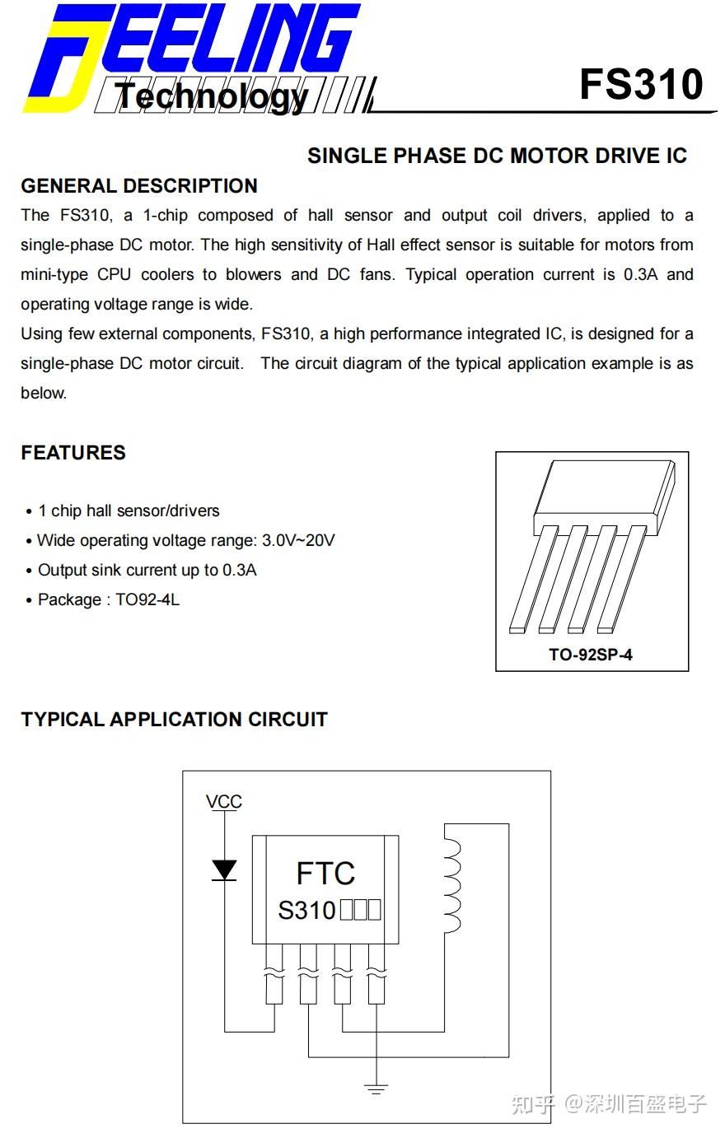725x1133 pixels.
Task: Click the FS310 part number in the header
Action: pyautogui.click(x=641, y=85)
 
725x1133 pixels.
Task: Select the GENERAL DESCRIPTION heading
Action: pyautogui.click(x=139, y=186)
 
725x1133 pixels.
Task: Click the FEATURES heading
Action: pyautogui.click(x=73, y=453)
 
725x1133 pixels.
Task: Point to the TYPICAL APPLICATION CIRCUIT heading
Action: pyautogui.click(x=174, y=720)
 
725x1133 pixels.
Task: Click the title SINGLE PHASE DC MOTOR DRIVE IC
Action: pyautogui.click(x=497, y=156)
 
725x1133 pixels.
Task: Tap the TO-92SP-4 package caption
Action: pyautogui.click(x=591, y=655)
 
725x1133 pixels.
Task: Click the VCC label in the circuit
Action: pyautogui.click(x=223, y=802)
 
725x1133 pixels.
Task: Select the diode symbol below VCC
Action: pyautogui.click(x=224, y=870)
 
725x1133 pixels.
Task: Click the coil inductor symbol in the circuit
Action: pyautogui.click(x=451, y=889)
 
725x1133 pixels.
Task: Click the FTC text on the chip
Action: pyautogui.click(x=325, y=874)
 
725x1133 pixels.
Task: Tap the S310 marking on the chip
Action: pyautogui.click(x=306, y=911)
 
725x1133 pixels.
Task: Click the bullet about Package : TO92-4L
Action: pyautogui.click(x=108, y=600)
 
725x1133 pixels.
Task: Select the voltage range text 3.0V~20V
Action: pyautogui.click(x=298, y=541)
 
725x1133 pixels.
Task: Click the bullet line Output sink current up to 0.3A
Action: pyautogui.click(x=147, y=571)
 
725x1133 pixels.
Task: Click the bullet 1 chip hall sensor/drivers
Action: pyautogui.click(x=129, y=511)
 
